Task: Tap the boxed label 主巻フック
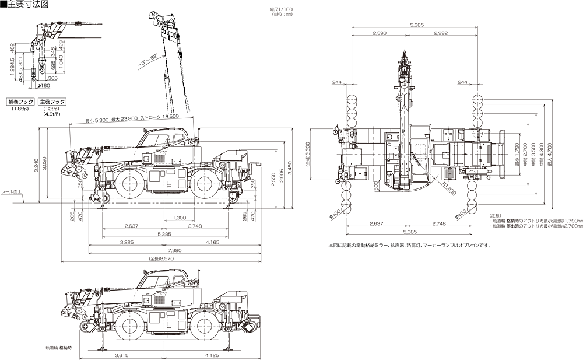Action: tap(53, 102)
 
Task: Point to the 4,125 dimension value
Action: tap(212, 355)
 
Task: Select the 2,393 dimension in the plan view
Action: tap(379, 33)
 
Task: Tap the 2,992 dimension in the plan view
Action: tap(440, 33)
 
